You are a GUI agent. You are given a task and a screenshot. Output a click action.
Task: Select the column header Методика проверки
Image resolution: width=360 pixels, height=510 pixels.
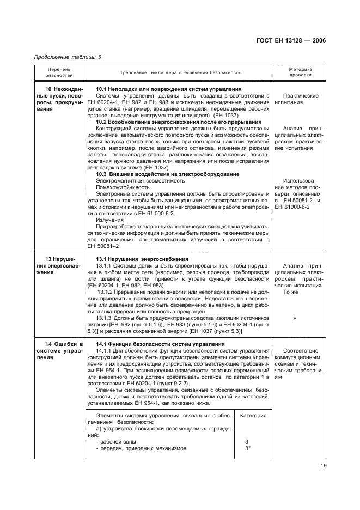[300, 73]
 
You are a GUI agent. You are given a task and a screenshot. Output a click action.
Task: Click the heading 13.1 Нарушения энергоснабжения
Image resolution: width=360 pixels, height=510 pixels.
[142, 259]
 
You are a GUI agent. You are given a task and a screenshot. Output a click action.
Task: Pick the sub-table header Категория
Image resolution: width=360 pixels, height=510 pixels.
[253, 415]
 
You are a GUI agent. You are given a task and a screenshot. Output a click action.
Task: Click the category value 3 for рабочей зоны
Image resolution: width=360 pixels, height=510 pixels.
[247, 441]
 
